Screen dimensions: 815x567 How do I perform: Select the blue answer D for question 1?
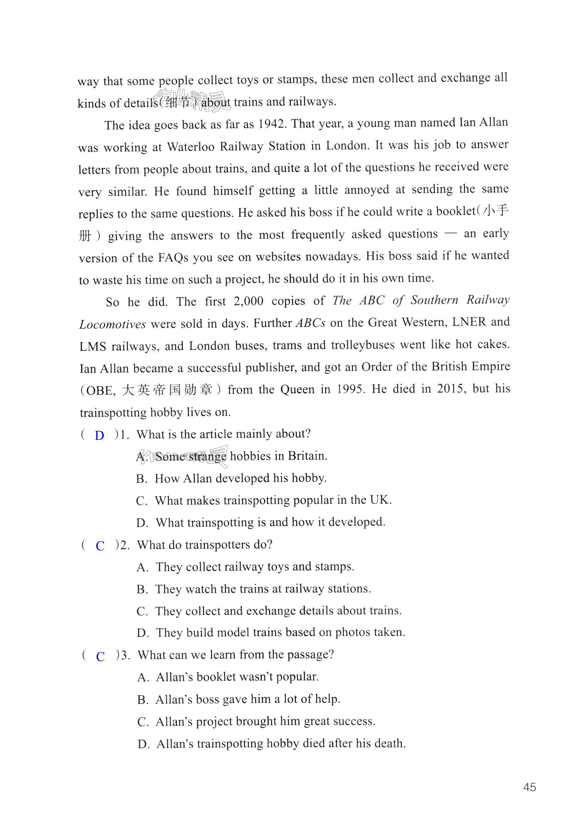click(x=99, y=436)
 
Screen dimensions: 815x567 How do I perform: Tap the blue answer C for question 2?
click(x=100, y=546)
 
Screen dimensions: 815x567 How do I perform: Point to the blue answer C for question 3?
click(x=100, y=656)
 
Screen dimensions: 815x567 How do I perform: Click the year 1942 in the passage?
click(x=272, y=124)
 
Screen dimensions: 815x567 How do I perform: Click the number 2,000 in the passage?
click(x=248, y=302)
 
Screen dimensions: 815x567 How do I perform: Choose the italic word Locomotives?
click(x=112, y=324)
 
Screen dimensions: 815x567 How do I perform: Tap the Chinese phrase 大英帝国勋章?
click(x=167, y=390)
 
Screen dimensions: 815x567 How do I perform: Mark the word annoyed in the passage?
click(x=366, y=190)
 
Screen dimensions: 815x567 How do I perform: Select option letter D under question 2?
click(x=142, y=633)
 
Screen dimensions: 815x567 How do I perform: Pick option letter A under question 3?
click(x=143, y=678)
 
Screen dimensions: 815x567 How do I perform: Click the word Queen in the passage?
click(x=297, y=389)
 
